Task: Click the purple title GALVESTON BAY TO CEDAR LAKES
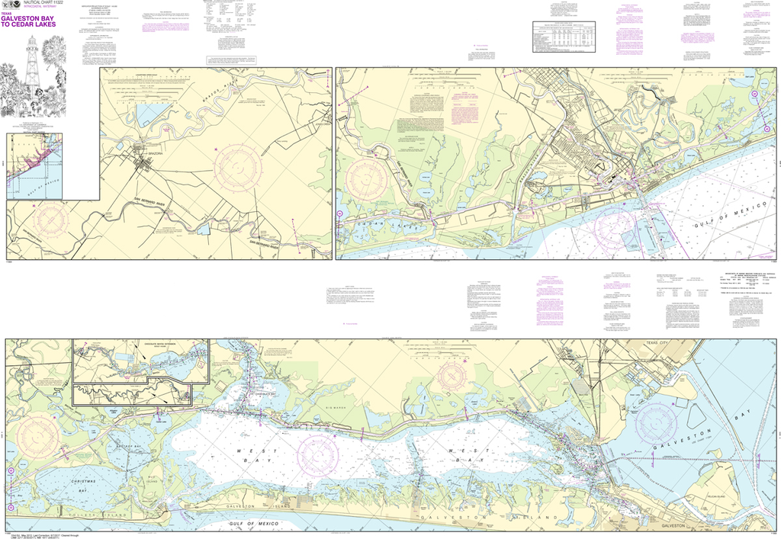[37, 19]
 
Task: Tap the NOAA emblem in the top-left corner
[5, 5]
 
